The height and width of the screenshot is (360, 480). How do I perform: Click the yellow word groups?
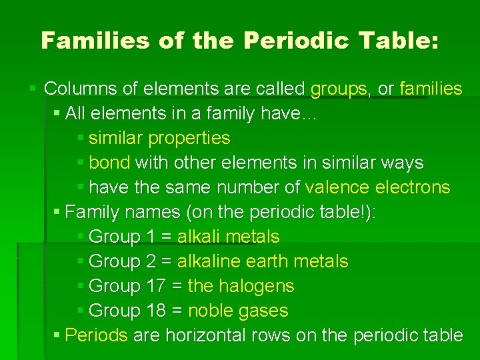coord(339,89)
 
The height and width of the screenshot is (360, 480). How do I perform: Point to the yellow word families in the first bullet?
coord(431,89)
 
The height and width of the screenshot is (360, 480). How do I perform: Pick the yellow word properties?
coord(189,138)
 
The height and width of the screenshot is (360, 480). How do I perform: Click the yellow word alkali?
coord(199,237)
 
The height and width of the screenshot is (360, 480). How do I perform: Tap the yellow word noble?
coord(211,311)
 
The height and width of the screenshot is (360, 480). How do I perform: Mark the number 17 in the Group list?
coord(156,286)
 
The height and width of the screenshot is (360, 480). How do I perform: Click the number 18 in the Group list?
coord(156,311)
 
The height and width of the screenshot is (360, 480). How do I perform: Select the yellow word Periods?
coord(97,335)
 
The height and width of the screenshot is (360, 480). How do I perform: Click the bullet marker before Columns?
coord(34,88)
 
